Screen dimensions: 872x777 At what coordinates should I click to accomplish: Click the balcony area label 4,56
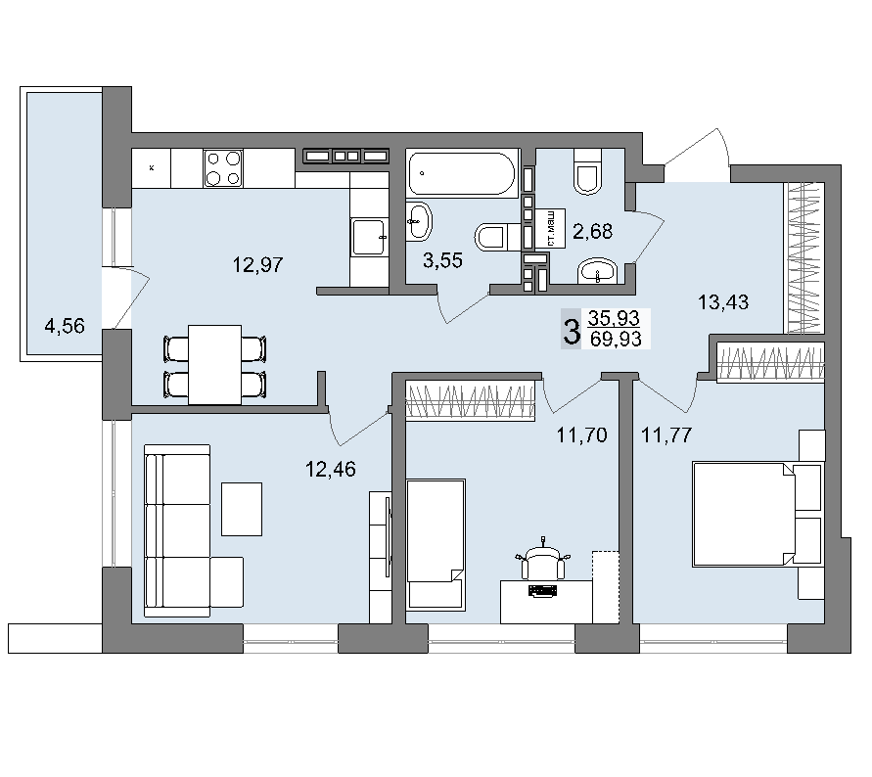pos(65,326)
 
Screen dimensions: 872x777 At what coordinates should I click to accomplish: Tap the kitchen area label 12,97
pos(258,265)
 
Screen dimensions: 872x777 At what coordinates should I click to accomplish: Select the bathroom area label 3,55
pos(442,260)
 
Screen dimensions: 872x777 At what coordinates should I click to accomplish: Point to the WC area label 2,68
pos(593,231)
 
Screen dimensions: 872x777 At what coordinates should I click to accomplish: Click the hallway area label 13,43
pos(723,302)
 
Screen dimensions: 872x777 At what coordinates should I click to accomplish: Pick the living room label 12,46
pos(331,470)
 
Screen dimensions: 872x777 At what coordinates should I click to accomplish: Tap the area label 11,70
pos(582,434)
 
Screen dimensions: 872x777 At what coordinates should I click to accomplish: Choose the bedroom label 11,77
pos(666,434)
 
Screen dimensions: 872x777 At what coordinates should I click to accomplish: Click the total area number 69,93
pos(616,339)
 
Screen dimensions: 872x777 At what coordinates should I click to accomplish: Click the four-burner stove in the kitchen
pos(223,168)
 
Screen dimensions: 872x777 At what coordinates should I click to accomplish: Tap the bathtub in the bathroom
pos(462,173)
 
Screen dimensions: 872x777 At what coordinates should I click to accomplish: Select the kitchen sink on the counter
pos(368,238)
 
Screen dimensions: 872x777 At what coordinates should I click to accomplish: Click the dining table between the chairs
pos(214,365)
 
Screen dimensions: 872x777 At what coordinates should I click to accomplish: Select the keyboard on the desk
pos(541,591)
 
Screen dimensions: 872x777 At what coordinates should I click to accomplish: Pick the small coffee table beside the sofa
pos(242,509)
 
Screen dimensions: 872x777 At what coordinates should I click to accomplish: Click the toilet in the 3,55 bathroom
pos(491,238)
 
